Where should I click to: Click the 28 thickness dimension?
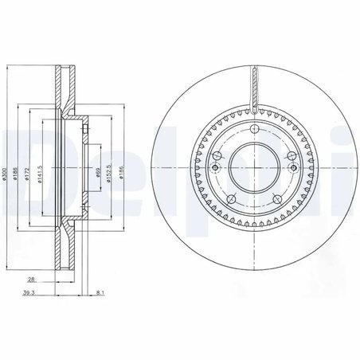coord(29,280)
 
